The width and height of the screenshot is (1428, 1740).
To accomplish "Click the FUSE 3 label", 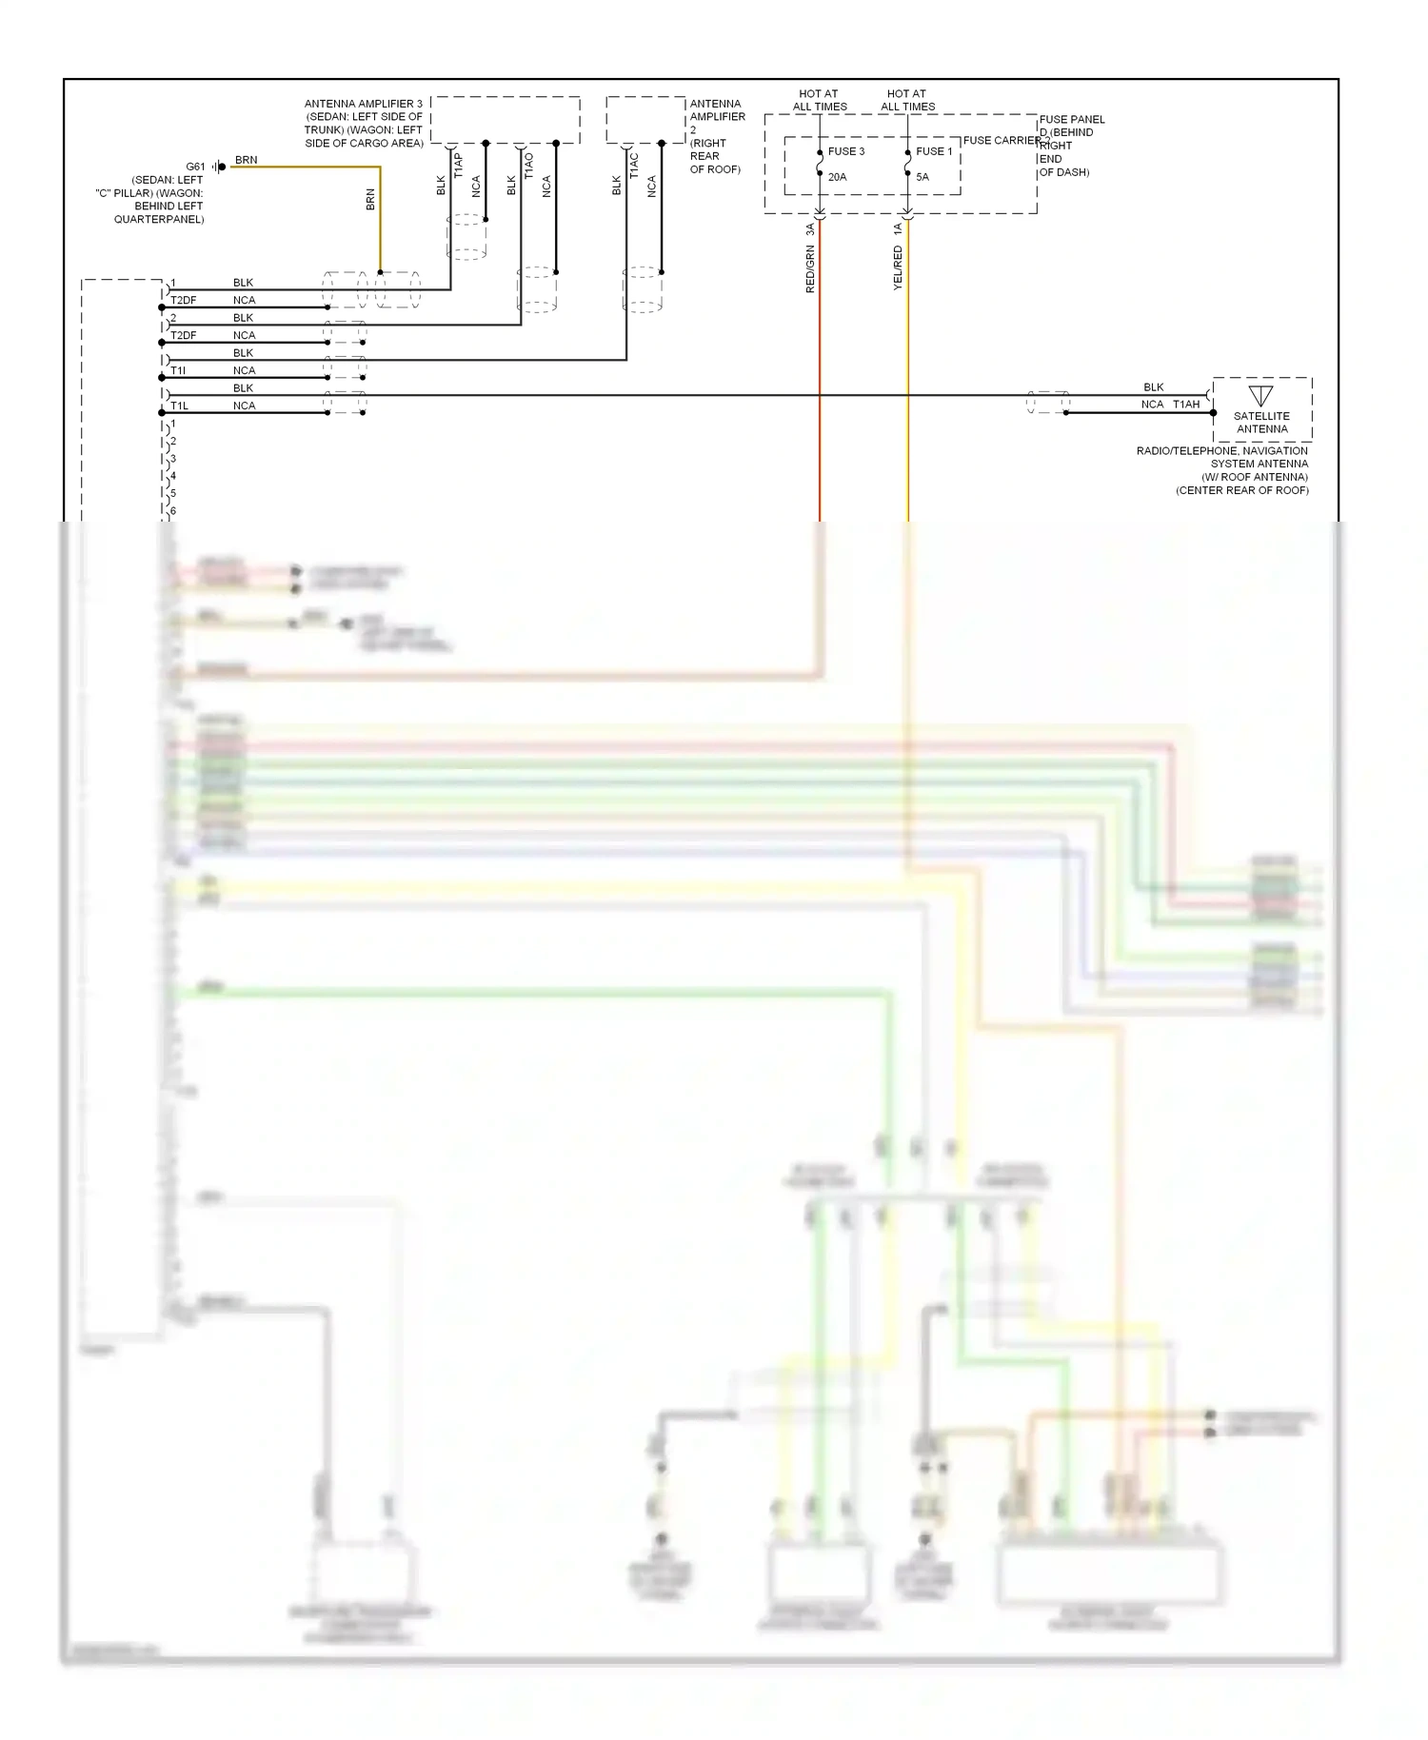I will click(x=845, y=151).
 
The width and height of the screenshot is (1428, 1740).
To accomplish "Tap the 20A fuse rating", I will click(x=837, y=177).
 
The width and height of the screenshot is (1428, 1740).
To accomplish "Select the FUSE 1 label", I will click(x=933, y=151).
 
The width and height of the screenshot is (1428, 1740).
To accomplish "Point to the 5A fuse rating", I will click(x=922, y=177).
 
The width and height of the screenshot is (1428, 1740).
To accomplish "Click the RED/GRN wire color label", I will click(x=810, y=268).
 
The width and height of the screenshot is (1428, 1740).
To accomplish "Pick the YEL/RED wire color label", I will click(x=898, y=267).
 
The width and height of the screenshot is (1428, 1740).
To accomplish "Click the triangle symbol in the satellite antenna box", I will click(x=1260, y=396).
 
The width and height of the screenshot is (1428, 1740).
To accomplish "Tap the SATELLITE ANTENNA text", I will click(x=1261, y=423).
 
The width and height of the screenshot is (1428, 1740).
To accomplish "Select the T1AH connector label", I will click(x=1185, y=405).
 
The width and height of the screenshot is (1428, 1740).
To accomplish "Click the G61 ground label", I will click(x=195, y=167).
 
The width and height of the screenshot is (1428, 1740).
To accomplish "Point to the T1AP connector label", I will click(x=458, y=166).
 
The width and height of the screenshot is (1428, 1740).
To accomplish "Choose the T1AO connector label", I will click(x=528, y=166).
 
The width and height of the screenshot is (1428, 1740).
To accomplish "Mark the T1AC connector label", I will click(x=634, y=166).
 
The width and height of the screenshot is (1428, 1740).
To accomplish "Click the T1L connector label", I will click(x=179, y=405).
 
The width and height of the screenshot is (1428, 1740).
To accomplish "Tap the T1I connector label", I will click(x=178, y=370).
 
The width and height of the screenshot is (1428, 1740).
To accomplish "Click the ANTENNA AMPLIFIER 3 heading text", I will click(x=363, y=104).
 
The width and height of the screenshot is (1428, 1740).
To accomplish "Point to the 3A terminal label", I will click(x=810, y=229).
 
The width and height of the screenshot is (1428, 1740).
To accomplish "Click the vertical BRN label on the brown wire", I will click(x=370, y=200).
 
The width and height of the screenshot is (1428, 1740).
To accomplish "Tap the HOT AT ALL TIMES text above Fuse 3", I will click(x=819, y=100).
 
